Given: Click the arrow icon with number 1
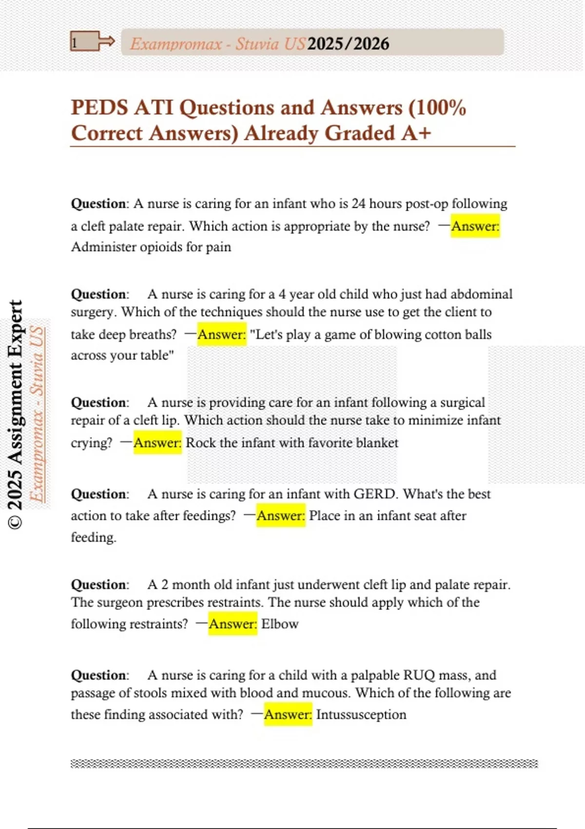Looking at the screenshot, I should [x=92, y=42].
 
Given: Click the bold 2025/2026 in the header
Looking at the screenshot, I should [x=349, y=44].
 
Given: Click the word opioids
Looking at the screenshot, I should [x=160, y=247].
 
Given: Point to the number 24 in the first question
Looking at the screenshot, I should [x=358, y=203].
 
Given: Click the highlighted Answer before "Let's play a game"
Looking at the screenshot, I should [x=222, y=335].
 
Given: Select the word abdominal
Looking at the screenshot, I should [x=482, y=294].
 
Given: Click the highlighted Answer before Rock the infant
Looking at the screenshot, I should [x=157, y=443].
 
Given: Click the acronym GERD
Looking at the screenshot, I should [x=374, y=494].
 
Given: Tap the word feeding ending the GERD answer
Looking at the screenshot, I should [x=93, y=537].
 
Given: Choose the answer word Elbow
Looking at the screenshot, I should [x=280, y=624].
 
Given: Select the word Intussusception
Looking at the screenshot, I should [x=361, y=715].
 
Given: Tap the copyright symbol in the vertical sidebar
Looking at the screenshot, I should [x=16, y=522].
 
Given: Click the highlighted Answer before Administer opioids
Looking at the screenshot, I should [x=475, y=226].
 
